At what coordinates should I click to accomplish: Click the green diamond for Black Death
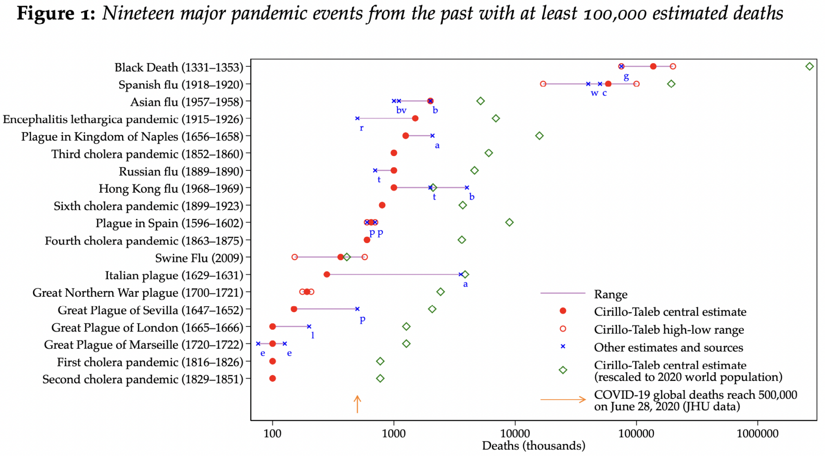point(809,66)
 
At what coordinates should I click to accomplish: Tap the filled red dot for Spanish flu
point(608,84)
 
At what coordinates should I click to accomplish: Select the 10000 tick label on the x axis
point(515,433)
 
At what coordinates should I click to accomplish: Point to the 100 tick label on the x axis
point(273,433)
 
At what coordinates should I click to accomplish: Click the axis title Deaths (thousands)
point(533,445)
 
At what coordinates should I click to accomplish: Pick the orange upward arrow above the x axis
point(357,404)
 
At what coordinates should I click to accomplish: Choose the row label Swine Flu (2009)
point(199,258)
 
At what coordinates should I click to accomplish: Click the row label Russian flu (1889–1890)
point(181,171)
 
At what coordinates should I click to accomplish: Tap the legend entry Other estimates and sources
point(668,347)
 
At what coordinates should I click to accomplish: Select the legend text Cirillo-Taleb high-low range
point(669,330)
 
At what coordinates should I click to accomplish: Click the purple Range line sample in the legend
point(563,293)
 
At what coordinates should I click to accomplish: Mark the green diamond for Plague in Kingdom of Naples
point(539,136)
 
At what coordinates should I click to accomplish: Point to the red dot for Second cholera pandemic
point(273,379)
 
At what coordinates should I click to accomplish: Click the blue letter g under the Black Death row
point(626,76)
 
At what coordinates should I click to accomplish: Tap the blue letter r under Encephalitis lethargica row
point(362,128)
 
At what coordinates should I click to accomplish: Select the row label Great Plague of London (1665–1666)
point(147,328)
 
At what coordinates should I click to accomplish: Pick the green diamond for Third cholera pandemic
point(489,153)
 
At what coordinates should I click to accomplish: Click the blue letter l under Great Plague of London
point(313,335)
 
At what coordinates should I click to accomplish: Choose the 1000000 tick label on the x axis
point(757,433)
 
